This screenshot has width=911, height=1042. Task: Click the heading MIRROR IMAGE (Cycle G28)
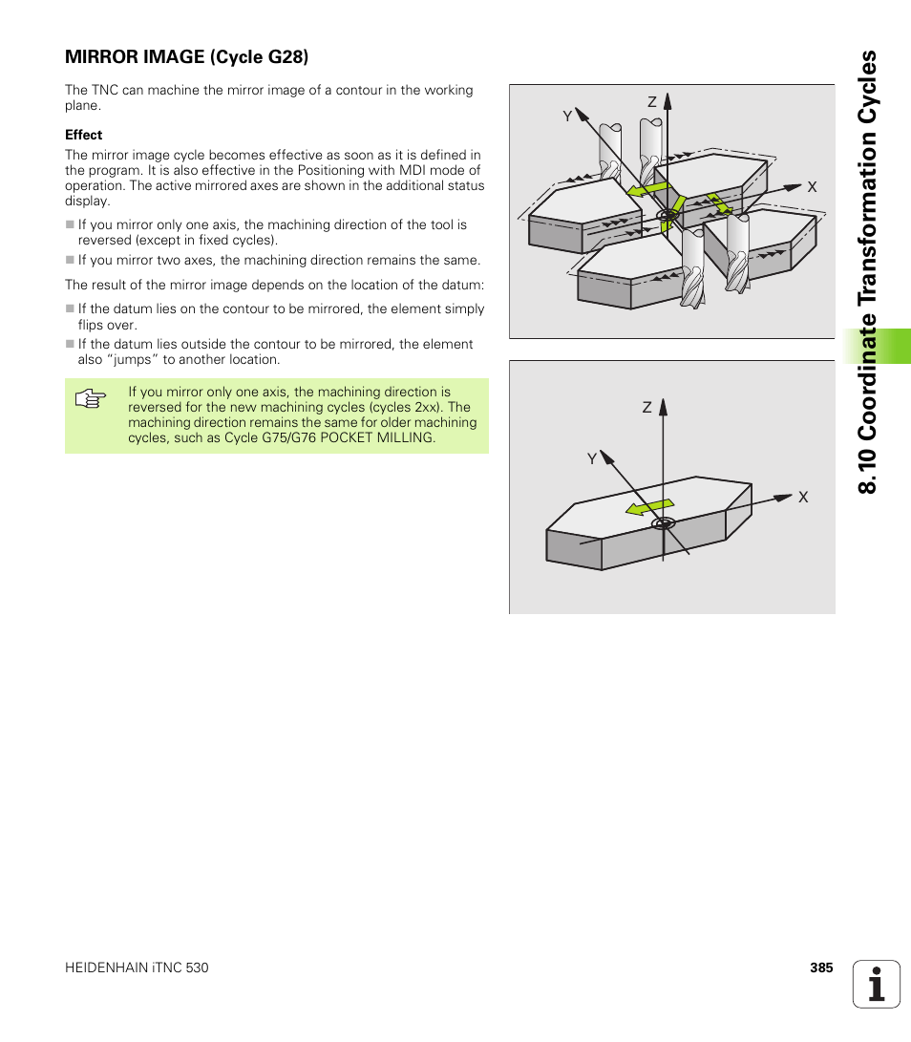[x=186, y=57]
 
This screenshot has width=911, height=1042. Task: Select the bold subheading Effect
[x=83, y=135]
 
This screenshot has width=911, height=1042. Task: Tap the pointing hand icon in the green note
[x=89, y=399]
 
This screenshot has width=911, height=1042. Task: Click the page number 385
[x=821, y=968]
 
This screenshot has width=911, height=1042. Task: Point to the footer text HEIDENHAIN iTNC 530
[x=137, y=968]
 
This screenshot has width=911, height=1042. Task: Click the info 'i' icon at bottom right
[x=876, y=984]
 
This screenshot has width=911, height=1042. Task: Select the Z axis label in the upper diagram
[x=652, y=102]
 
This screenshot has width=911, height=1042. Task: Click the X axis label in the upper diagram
[x=813, y=187]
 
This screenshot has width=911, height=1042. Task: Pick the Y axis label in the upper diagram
[x=567, y=116]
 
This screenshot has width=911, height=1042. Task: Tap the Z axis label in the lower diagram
[x=646, y=407]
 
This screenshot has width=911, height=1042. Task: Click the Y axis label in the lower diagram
[x=591, y=459]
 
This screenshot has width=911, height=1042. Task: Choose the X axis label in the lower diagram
[x=803, y=498]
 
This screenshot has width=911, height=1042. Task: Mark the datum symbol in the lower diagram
[x=664, y=523]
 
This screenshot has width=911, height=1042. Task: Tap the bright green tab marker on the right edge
[x=876, y=346]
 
